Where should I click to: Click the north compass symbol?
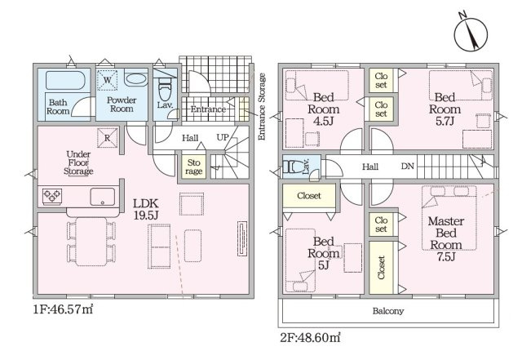(471, 33)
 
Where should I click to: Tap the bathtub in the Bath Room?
(65, 80)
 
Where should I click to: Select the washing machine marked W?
(107, 80)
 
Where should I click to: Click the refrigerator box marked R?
(107, 138)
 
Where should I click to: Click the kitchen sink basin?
(102, 197)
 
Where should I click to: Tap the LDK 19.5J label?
(145, 209)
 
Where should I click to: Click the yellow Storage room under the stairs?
(194, 167)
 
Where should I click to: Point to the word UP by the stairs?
(223, 137)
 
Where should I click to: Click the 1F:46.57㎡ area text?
(63, 309)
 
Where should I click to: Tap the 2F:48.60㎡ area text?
(310, 338)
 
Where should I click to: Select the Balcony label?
(388, 311)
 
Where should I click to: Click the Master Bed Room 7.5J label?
(446, 238)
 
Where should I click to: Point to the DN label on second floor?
(408, 166)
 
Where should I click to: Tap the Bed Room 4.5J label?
(323, 109)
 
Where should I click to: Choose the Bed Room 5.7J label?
(445, 109)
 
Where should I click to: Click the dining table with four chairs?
(91, 242)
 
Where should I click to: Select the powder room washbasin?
(136, 80)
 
